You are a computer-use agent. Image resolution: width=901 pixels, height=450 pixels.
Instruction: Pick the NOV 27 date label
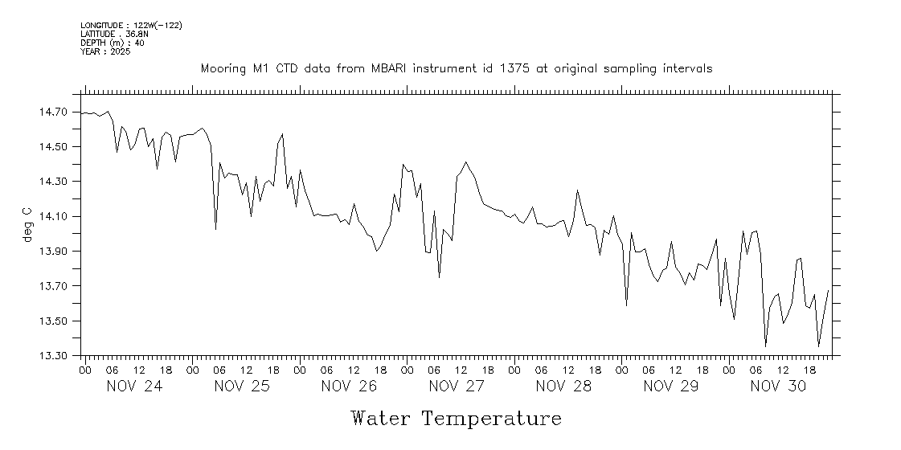click(457, 387)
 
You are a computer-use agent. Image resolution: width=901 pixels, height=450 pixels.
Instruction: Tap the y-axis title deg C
click(27, 224)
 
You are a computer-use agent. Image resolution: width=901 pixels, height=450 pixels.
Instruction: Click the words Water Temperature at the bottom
click(456, 419)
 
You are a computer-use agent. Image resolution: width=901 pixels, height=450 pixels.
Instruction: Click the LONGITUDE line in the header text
click(131, 26)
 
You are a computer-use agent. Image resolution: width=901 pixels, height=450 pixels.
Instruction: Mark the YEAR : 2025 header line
click(105, 51)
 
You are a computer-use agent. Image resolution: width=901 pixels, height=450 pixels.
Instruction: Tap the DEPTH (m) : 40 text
click(113, 43)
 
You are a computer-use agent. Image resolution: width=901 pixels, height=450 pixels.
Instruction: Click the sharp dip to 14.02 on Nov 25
click(215, 230)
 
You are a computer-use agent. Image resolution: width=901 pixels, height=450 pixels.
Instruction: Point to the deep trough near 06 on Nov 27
click(439, 277)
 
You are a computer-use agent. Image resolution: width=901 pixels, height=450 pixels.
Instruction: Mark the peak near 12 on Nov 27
click(465, 162)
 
